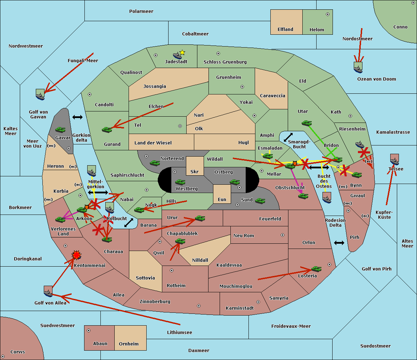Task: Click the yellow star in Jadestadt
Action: point(182,52)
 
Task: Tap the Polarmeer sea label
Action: point(141,11)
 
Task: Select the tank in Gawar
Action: point(60,129)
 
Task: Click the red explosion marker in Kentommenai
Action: point(76,255)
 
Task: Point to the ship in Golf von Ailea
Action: point(48,291)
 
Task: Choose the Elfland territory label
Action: point(285,30)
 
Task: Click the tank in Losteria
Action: point(316,269)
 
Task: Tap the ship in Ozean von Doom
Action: point(358,67)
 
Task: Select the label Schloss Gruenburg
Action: point(225,62)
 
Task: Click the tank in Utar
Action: point(306,123)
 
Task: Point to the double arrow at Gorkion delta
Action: point(77,117)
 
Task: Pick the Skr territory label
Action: point(194,172)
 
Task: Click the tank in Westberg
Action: point(180,182)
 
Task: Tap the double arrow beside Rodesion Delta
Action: point(339,243)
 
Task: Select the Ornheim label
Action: point(129,344)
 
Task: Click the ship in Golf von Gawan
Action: point(40,94)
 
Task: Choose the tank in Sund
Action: point(260,201)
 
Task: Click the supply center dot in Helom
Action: point(327,14)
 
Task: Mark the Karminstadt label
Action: point(240,308)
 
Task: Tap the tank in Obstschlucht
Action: point(303,196)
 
